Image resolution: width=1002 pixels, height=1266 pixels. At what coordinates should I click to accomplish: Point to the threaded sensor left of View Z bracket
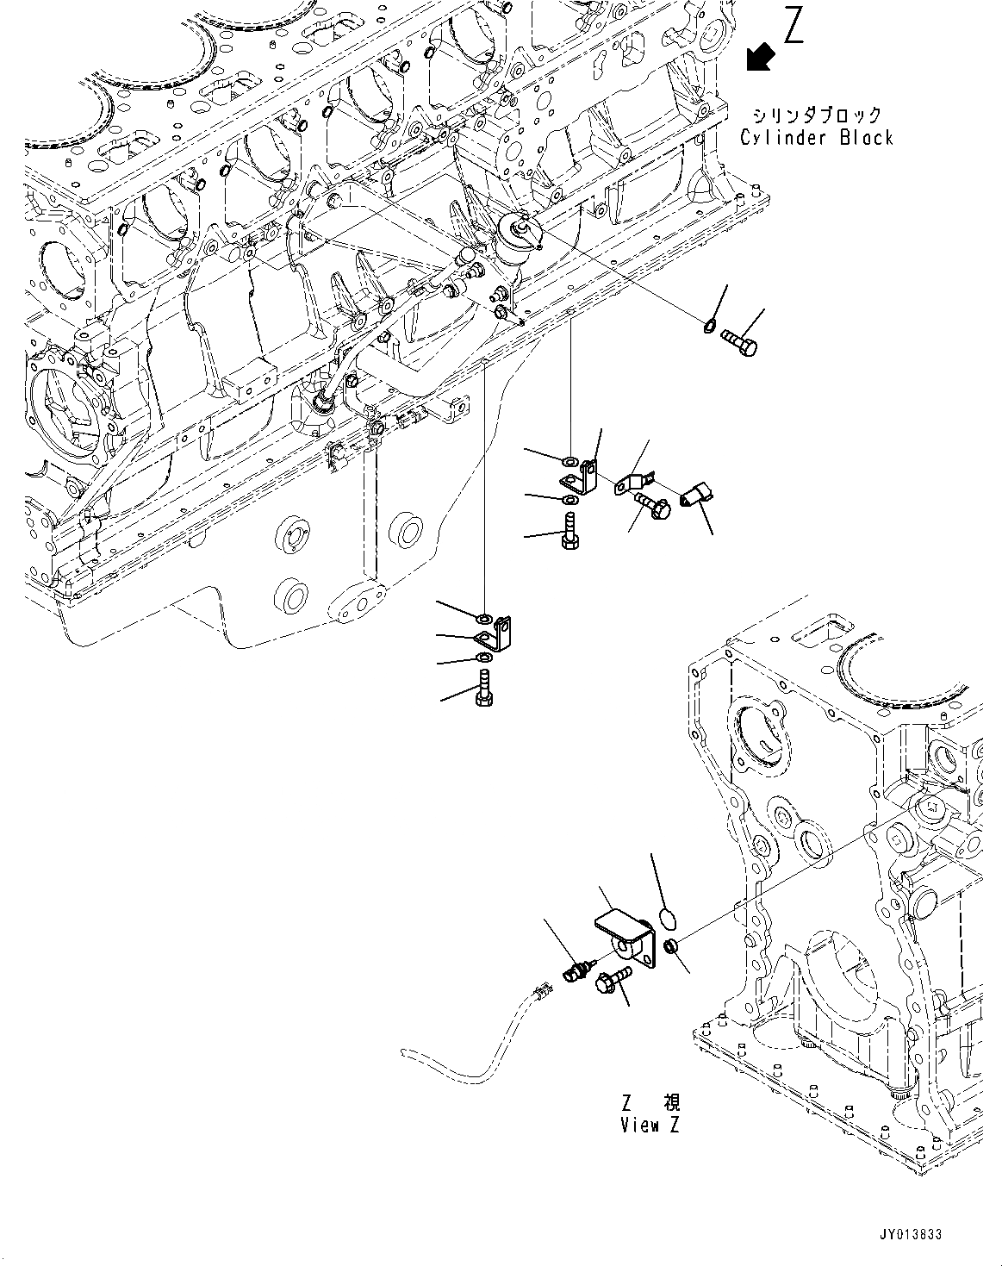(574, 970)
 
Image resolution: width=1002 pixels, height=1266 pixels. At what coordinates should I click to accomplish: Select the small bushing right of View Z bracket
(674, 946)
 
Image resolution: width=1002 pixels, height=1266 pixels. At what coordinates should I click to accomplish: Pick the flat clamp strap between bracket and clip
(635, 483)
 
